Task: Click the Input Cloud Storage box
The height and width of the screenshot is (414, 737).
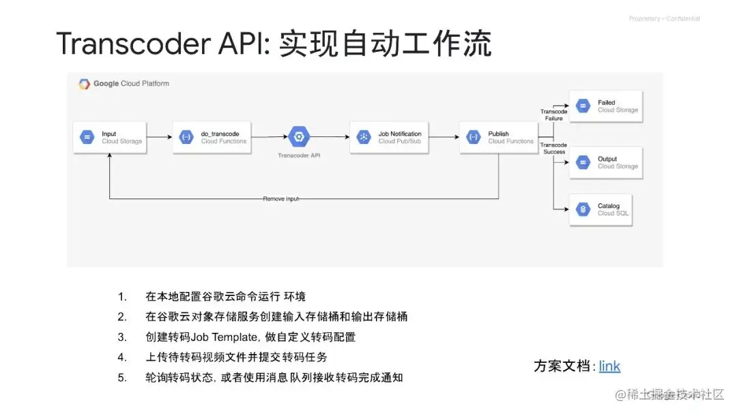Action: coord(109,137)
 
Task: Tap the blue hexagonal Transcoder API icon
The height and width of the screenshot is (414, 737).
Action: coord(298,137)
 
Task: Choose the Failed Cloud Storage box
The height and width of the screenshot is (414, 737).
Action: coord(606,106)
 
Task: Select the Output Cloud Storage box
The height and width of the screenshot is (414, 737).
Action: coord(606,162)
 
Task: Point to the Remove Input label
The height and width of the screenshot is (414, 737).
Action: coord(281,198)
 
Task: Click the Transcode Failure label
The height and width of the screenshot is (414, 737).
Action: coord(553,115)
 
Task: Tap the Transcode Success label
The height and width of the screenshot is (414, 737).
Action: coord(553,148)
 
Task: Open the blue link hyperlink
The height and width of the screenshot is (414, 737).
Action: coord(609,366)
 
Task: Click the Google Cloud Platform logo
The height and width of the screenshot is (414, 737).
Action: coord(85,84)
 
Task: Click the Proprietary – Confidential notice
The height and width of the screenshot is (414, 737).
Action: coord(664,19)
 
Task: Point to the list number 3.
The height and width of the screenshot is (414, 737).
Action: coord(122,337)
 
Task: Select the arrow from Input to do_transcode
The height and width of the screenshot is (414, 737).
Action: coord(159,138)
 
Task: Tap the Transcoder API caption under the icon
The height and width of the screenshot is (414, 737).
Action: coord(299,156)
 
